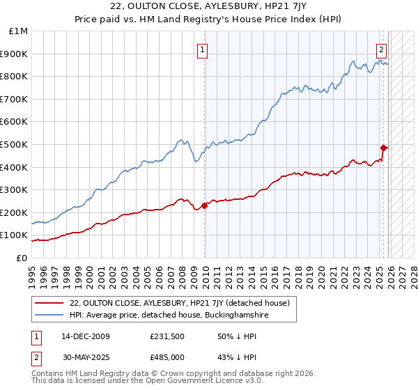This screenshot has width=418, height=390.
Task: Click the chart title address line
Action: [x=209, y=7]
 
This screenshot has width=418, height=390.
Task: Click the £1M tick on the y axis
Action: [x=19, y=31]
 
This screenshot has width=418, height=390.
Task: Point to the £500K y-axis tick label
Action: [x=15, y=144]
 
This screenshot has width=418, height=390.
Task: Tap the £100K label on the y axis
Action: [x=15, y=235]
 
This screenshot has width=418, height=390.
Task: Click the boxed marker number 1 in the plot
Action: [x=202, y=49]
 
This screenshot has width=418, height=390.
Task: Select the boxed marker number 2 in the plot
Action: [x=382, y=49]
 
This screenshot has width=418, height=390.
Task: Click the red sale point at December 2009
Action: [x=204, y=205]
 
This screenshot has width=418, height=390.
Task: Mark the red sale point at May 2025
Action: [x=383, y=148]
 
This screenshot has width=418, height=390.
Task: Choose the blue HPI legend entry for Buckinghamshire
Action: [x=169, y=315]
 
